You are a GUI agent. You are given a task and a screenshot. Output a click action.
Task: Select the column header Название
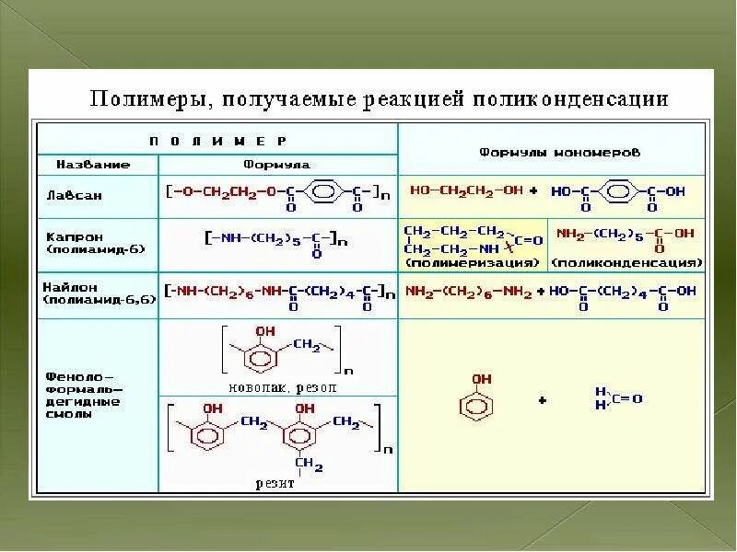click(x=93, y=165)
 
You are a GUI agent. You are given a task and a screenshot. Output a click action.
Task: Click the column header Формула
click(x=276, y=165)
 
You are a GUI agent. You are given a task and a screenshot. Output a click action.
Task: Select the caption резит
click(x=277, y=483)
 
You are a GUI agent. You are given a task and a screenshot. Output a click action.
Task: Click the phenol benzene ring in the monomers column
click(x=477, y=405)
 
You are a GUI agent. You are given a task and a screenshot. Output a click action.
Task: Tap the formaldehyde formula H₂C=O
click(x=618, y=398)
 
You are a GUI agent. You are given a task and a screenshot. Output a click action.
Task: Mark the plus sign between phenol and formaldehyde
click(x=543, y=400)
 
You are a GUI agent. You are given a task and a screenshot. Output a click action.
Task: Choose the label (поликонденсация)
click(x=626, y=263)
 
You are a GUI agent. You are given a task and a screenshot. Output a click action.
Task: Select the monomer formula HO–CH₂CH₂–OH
click(x=467, y=190)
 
